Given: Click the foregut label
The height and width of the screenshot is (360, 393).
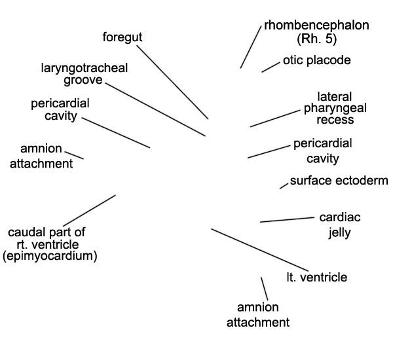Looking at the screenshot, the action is pyautogui.click(x=122, y=37).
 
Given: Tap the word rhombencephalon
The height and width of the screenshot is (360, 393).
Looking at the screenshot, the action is pyautogui.click(x=316, y=26).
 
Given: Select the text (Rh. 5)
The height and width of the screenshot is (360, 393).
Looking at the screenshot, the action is pyautogui.click(x=316, y=39).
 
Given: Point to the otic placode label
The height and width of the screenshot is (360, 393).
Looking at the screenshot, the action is pyautogui.click(x=317, y=60).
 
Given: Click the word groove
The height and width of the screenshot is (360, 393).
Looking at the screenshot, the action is pyautogui.click(x=83, y=80).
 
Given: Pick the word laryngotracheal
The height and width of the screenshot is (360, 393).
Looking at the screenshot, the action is pyautogui.click(x=84, y=68).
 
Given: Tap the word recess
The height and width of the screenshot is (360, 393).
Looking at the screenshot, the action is pyautogui.click(x=335, y=120).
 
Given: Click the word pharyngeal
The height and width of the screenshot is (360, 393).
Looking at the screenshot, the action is pyautogui.click(x=335, y=108).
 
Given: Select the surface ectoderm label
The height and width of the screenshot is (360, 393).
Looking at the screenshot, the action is pyautogui.click(x=339, y=181).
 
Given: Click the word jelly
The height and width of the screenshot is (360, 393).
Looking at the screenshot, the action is pyautogui.click(x=339, y=233).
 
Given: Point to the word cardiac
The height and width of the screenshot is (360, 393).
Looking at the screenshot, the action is pyautogui.click(x=340, y=217).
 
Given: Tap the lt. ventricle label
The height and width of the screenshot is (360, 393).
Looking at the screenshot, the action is pyautogui.click(x=317, y=278).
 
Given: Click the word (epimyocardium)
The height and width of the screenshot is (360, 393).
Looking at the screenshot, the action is pyautogui.click(x=50, y=257).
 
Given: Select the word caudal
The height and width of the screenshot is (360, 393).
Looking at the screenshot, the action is pyautogui.click(x=24, y=232).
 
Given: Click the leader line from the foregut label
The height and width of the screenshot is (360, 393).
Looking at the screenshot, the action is pyautogui.click(x=172, y=82).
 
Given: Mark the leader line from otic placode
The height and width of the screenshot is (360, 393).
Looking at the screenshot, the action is pyautogui.click(x=271, y=67).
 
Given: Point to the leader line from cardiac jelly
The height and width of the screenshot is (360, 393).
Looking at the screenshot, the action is pyautogui.click(x=288, y=220).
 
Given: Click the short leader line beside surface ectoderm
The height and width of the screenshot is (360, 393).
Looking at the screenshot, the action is pyautogui.click(x=284, y=186).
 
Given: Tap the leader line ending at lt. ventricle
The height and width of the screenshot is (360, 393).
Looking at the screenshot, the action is pyautogui.click(x=260, y=250).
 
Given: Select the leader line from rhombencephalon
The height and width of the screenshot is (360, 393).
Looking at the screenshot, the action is pyautogui.click(x=251, y=47).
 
